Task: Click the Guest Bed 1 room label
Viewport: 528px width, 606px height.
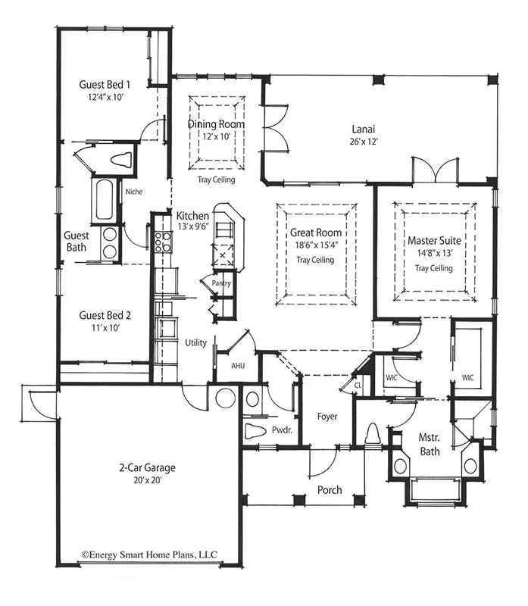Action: click(x=105, y=84)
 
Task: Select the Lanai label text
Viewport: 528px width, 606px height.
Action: click(x=365, y=127)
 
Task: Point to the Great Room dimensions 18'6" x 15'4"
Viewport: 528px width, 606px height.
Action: click(x=314, y=246)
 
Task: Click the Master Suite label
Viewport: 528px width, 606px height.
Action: click(x=435, y=240)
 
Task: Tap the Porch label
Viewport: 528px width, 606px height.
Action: click(x=330, y=490)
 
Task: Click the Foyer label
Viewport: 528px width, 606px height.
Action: click(x=327, y=417)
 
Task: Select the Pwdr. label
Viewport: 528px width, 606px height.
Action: click(x=282, y=430)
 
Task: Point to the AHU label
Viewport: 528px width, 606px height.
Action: click(x=237, y=365)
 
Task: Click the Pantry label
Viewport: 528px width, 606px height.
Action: click(x=221, y=283)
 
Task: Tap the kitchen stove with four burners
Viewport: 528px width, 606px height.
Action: click(x=163, y=241)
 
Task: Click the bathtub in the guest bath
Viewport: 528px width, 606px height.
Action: click(x=104, y=198)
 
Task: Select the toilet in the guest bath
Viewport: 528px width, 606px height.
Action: click(x=121, y=160)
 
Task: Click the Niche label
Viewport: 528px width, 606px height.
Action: click(x=134, y=192)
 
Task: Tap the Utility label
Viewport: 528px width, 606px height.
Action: click(x=195, y=343)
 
